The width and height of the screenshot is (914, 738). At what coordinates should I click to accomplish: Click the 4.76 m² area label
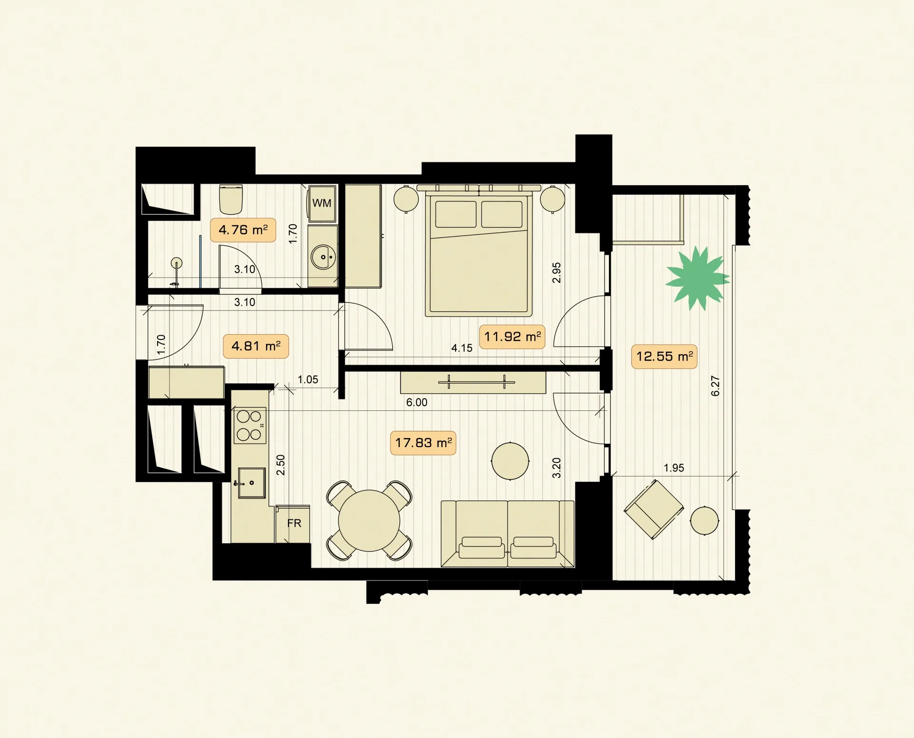coord(243,230)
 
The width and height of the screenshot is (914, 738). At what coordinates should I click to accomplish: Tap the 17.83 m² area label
coord(423,443)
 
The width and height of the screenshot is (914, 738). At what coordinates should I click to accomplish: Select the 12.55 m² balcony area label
coord(664,357)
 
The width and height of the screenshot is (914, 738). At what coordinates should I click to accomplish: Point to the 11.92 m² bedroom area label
coord(512,337)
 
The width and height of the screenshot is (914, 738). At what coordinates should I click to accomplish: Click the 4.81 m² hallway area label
coord(256,346)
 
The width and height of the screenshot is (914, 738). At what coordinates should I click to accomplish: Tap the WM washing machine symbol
coord(322,203)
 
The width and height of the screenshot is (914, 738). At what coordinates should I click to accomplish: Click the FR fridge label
coord(294,523)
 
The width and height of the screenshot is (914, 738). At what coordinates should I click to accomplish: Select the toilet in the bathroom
coord(231,200)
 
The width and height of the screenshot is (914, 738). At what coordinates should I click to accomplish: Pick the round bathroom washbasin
coord(323,257)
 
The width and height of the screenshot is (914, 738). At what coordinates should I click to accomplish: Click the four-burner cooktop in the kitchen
coord(249,426)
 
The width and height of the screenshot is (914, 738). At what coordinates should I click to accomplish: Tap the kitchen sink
coord(251,482)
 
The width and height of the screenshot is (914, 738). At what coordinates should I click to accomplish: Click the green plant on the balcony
coord(697,278)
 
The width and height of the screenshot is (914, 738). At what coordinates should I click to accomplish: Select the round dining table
coord(369,521)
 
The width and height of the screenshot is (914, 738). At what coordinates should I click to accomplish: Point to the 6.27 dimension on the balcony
coord(715,386)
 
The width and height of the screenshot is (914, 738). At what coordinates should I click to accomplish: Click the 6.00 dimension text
coord(417,402)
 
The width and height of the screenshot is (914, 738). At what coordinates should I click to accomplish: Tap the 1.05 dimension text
coord(308,379)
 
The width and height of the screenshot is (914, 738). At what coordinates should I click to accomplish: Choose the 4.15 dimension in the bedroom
coord(462,348)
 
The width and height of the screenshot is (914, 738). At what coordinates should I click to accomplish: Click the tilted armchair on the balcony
coord(654,509)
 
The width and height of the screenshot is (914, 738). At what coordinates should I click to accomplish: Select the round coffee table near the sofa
coord(510,461)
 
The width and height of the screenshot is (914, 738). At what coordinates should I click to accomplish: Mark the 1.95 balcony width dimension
coord(674,468)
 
